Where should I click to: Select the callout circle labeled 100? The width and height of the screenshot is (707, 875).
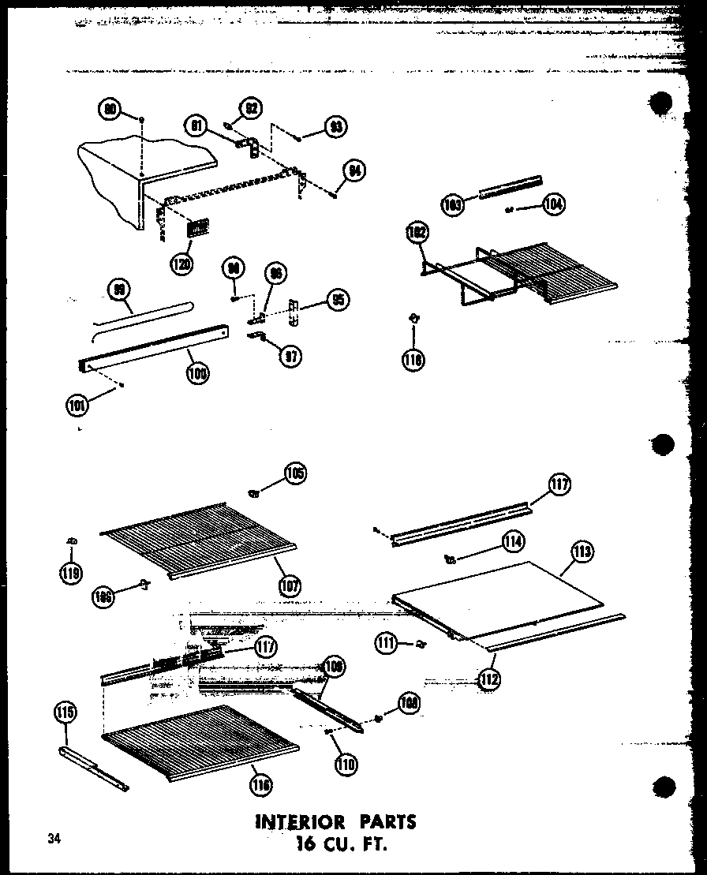pos(197,375)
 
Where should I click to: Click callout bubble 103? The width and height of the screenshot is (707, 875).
pos(452,205)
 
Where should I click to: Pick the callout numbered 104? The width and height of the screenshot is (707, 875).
pos(554,205)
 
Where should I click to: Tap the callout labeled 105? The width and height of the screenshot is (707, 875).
pos(294,473)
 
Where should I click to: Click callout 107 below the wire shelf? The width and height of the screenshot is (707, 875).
pos(290,585)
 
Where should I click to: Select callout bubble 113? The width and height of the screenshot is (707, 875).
pos(582,552)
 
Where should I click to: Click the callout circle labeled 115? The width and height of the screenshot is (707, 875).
pos(65,713)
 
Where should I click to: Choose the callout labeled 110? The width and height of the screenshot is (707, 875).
pos(345,762)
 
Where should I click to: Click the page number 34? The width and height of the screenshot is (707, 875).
pos(53,838)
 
